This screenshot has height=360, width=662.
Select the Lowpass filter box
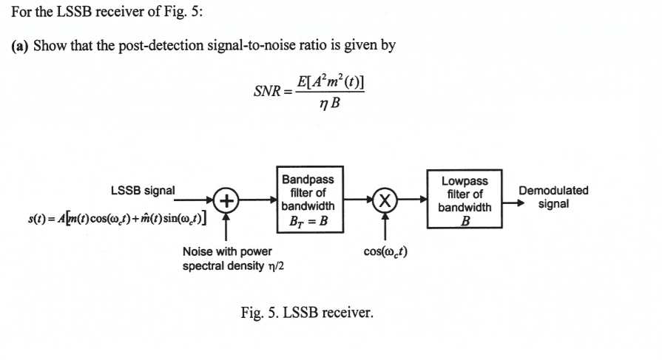[x=464, y=200]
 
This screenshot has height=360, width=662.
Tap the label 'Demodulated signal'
[x=553, y=197]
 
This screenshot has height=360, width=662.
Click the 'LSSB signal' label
[x=143, y=190]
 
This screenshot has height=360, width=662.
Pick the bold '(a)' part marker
[x=20, y=45]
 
